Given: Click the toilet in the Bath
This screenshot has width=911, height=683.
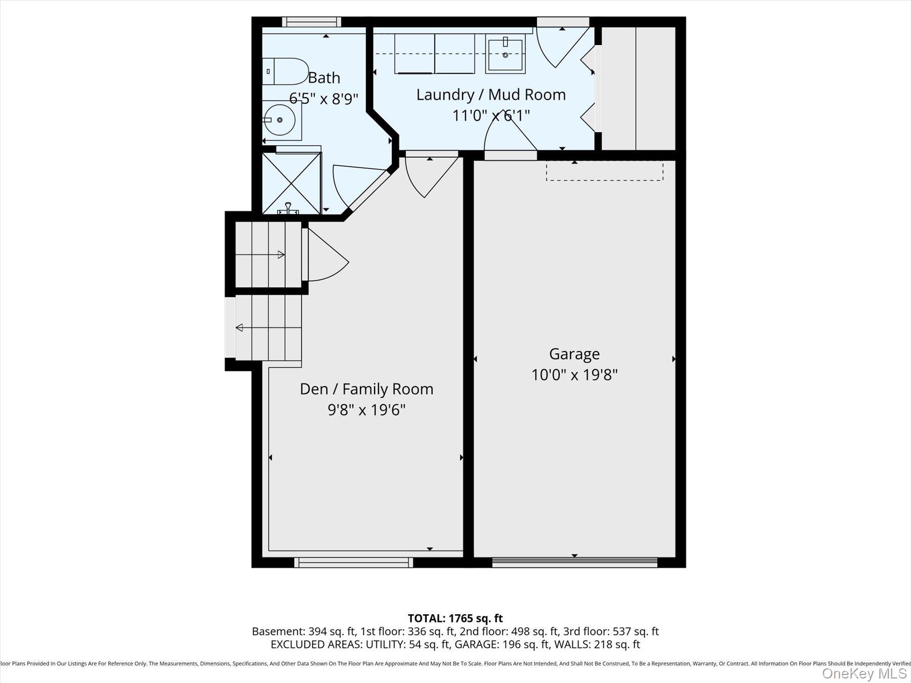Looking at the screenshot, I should click(286, 71).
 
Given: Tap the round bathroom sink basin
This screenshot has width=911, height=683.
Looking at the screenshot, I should click(280, 120).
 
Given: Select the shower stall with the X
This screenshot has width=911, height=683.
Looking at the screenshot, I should click(292, 183).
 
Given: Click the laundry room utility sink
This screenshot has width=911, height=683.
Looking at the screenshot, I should click(505, 55).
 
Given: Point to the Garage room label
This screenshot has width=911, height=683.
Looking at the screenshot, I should click(574, 354).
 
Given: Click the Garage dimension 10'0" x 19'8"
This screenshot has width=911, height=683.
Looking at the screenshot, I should click(574, 375).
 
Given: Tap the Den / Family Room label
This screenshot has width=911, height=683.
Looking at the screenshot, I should click(366, 389).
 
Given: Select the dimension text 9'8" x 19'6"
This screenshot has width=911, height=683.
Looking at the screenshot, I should click(366, 409).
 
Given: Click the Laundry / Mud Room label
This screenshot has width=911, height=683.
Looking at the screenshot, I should click(490, 95).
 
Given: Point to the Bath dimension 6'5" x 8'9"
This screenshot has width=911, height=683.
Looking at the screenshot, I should click(323, 98).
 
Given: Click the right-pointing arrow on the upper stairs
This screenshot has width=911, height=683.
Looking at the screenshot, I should click(280, 254).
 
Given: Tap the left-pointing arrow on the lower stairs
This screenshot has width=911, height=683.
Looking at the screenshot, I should click(240, 328).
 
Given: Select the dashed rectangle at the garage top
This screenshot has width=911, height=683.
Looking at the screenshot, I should click(604, 171).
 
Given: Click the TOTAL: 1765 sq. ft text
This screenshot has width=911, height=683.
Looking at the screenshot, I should click(455, 618).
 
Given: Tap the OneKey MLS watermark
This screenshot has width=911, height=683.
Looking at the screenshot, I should click(864, 673).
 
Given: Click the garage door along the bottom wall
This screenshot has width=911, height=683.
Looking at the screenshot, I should click(574, 562).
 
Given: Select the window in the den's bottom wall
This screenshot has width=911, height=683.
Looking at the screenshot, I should click(353, 562).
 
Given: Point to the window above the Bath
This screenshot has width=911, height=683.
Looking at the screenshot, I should click(311, 22).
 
